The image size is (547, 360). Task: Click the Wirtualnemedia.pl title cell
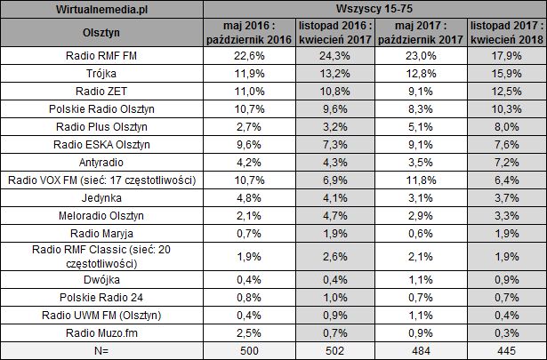pos(101,11)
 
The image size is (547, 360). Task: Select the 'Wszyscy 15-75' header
pos(374,11)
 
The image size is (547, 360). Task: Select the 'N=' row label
pos(101,350)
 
